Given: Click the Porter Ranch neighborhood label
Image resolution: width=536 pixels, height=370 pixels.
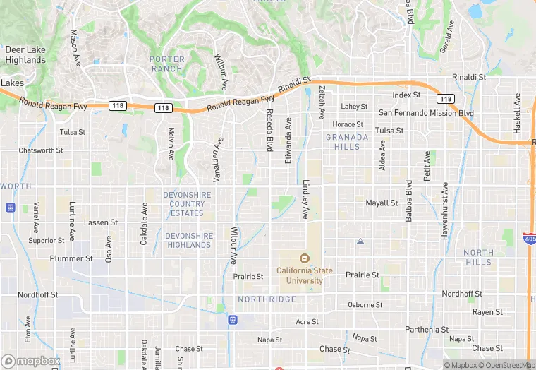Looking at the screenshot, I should (167, 64).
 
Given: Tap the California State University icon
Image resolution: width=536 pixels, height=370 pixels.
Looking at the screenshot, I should (304, 258).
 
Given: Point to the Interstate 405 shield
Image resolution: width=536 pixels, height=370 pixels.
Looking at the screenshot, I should (530, 238).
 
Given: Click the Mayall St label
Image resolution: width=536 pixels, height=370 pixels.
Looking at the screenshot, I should (382, 203).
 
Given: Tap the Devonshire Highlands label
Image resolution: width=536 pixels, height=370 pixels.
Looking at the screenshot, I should (188, 240).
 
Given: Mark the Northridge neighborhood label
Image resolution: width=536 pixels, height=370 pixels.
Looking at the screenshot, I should (267, 299).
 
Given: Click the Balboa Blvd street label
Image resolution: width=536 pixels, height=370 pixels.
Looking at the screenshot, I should (408, 201).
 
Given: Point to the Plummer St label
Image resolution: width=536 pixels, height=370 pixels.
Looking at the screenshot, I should (71, 259).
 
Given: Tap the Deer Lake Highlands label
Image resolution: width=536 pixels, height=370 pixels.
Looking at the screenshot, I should (25, 55).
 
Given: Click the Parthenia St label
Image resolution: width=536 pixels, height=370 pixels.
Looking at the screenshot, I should (427, 330).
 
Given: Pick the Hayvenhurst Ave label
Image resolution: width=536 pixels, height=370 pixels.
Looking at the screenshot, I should (445, 211).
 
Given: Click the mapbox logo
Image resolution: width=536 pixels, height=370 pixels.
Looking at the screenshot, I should (30, 360).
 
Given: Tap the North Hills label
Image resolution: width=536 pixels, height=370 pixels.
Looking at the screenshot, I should (479, 258).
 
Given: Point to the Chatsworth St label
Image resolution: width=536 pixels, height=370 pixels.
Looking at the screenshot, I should (41, 150).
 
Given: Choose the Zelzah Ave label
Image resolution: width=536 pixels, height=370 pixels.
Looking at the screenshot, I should (322, 102).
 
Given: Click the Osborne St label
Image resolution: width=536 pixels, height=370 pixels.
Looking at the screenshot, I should (365, 305).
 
